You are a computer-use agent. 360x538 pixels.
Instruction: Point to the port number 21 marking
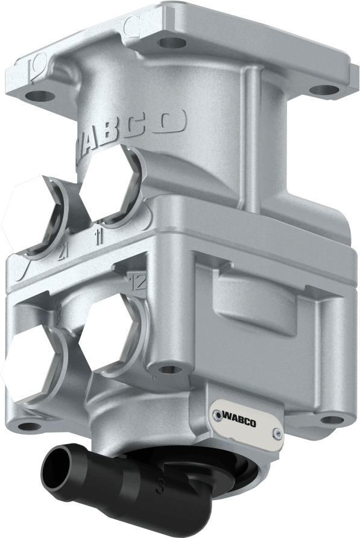pyautogui.click(x=62, y=252)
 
